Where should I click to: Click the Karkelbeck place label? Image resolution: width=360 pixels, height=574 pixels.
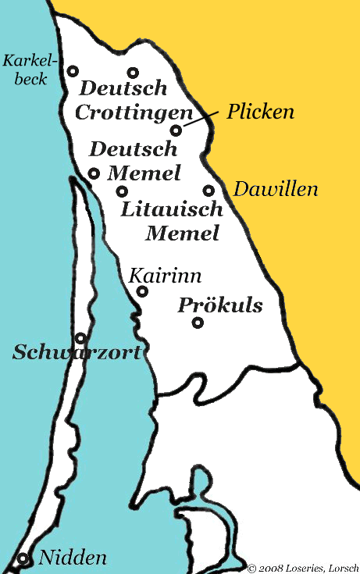point(26,69)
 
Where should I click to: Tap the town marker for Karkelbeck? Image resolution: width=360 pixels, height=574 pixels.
point(73,70)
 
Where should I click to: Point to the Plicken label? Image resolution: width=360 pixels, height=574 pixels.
point(260,112)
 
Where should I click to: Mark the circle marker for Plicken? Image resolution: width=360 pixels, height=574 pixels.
point(176,130)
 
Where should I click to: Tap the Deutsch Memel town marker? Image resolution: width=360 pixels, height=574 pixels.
point(94,173)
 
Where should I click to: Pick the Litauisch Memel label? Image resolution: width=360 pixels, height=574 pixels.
point(173,221)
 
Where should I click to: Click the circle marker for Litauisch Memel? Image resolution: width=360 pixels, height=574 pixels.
point(122,191)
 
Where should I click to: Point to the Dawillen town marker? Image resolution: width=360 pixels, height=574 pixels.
point(209,190)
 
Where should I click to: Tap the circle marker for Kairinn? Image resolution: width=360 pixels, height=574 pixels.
point(142,291)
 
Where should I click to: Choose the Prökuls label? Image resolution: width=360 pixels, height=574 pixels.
point(220,305)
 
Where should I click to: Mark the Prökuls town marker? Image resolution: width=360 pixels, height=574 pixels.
point(198,323)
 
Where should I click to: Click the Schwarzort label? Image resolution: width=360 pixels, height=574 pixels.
point(77,353)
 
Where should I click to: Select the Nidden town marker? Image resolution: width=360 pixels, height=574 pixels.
point(23,558)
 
